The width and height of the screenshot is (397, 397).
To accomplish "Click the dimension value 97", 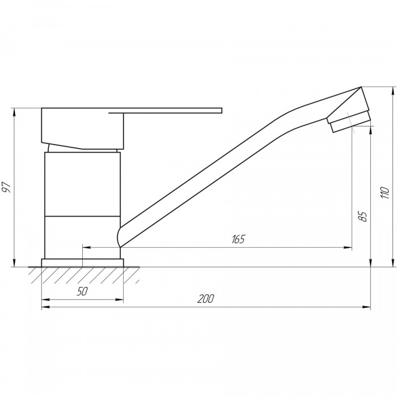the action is pos(7,187).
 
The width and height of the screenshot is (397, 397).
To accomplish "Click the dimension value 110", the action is pos(385,192).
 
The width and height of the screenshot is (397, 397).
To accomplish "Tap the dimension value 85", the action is pos(363,217).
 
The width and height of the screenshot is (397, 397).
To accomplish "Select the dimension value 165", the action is pos(239,239).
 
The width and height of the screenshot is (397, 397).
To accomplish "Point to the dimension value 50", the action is pos(82,292).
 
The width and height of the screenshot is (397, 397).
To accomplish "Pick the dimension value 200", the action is pos(205,299).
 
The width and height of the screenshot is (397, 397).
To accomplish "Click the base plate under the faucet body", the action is pos(83,263).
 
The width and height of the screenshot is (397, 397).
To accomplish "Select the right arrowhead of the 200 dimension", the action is pos(367,307).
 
